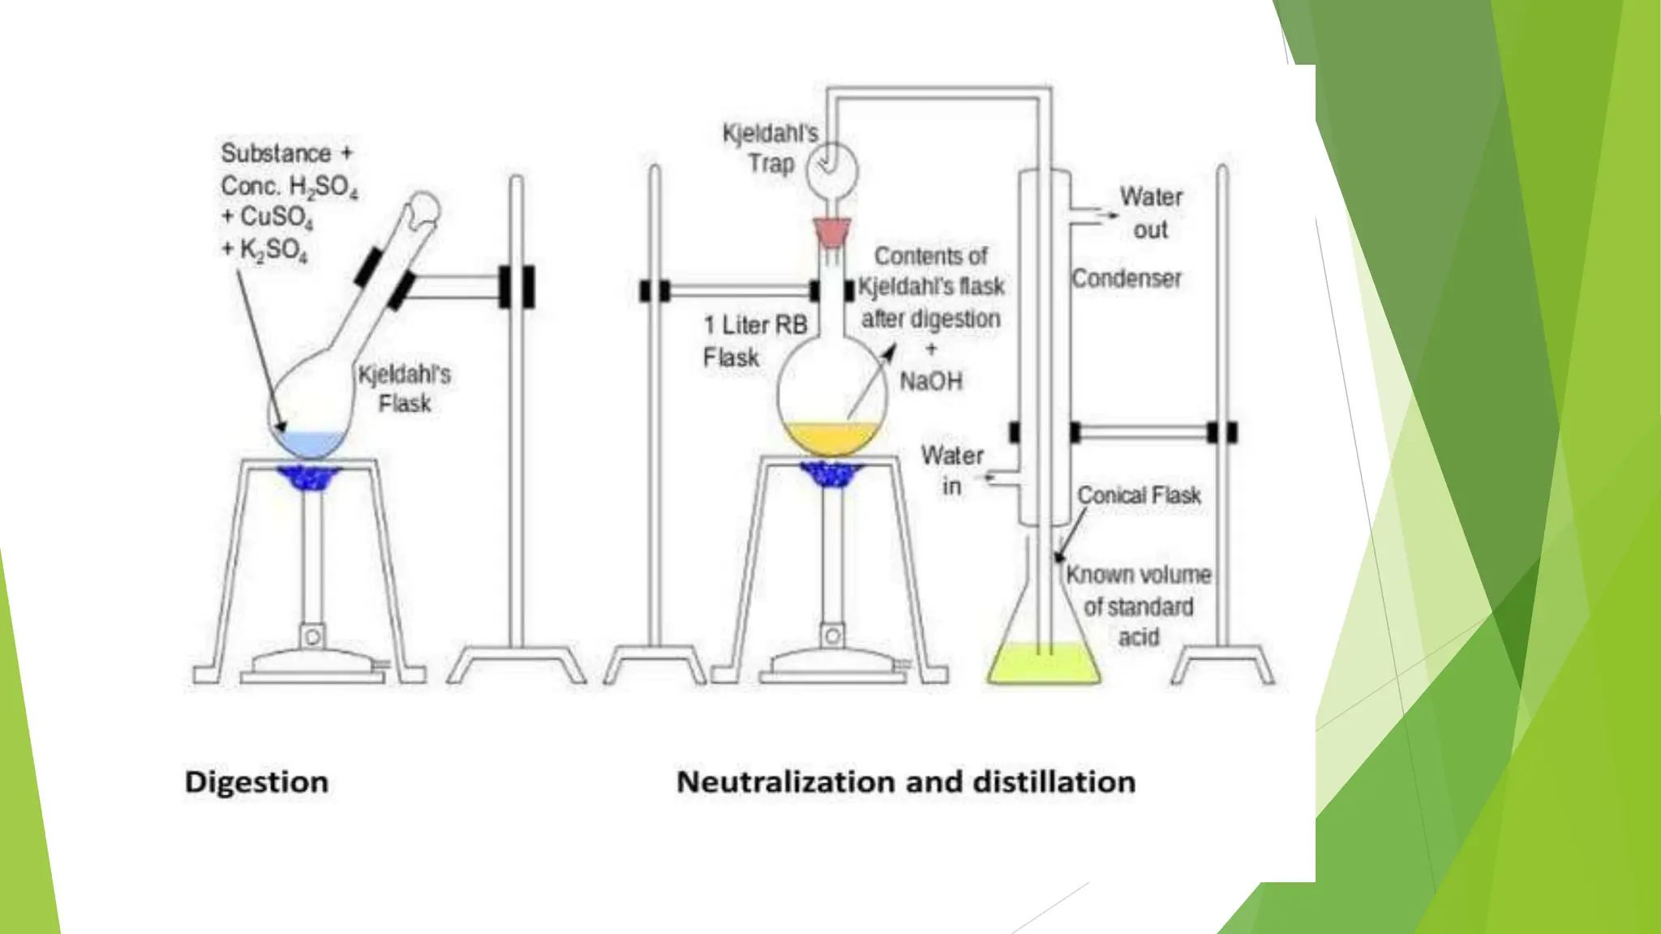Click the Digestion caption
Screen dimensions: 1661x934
point(256,782)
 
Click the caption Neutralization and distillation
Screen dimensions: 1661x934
point(906,782)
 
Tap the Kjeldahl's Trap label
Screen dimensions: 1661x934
point(770,148)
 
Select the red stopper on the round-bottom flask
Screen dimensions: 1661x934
point(833,232)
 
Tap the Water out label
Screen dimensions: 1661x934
point(1151,212)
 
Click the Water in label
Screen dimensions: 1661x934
point(952,470)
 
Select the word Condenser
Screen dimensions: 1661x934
point(1127,279)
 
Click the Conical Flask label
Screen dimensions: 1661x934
point(1139,495)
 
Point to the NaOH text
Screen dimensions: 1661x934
point(931,381)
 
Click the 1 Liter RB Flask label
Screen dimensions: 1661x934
point(754,341)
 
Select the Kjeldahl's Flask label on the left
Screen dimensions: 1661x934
point(404,388)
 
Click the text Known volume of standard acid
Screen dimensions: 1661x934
point(1138,606)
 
